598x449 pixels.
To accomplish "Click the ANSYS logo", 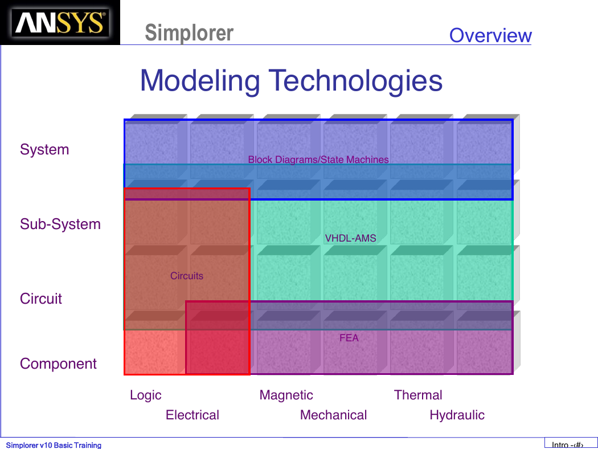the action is pos(60,23).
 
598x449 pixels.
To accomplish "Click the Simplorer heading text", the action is pos(189,33).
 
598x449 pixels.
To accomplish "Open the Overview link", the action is pos(490,35).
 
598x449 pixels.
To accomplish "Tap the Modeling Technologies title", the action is pos(292,80).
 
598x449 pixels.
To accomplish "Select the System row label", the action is pos(44,149).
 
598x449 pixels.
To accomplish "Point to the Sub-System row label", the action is pos(60,224).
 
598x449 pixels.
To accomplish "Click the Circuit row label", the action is pos(41,299).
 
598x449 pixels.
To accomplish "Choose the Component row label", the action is pos(58,364).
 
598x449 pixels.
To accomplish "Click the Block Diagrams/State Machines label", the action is pos(318,160).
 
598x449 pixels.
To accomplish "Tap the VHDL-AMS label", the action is pos(350,238).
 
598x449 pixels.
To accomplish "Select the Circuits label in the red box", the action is pos(186,276).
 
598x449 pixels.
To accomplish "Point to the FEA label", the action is pos(349,338).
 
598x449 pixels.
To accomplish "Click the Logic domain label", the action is pos(146,395).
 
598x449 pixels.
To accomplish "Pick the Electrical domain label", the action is pos(192,415).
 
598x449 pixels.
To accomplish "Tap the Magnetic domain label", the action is pos(286,395).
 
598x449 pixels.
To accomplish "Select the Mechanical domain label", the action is pos(333,415).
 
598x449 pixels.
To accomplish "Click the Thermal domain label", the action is pos(418,395).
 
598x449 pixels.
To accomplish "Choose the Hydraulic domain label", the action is pos(457,415).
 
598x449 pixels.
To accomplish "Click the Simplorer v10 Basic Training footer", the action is pos(54,445).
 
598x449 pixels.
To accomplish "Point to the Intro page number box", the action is pos(571,443).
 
